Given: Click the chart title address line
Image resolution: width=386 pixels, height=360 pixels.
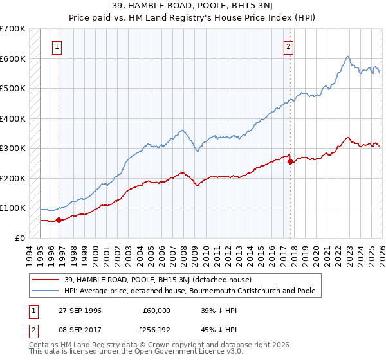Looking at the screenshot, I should [192, 6].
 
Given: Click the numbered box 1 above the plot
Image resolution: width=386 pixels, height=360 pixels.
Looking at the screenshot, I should [58, 46].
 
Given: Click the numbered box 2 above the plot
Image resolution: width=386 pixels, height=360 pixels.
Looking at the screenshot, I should [289, 46].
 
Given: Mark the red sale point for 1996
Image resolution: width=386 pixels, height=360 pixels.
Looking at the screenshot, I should [59, 220].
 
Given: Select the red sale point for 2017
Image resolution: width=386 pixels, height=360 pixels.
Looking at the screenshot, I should [290, 161].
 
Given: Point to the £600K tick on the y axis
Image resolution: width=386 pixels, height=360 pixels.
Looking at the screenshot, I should [13, 59].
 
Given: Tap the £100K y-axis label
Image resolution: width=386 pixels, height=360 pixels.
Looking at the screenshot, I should [13, 208].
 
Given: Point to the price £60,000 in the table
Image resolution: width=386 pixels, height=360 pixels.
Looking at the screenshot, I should [157, 310].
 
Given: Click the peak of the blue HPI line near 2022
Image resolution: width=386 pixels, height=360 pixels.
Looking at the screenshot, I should [347, 57].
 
